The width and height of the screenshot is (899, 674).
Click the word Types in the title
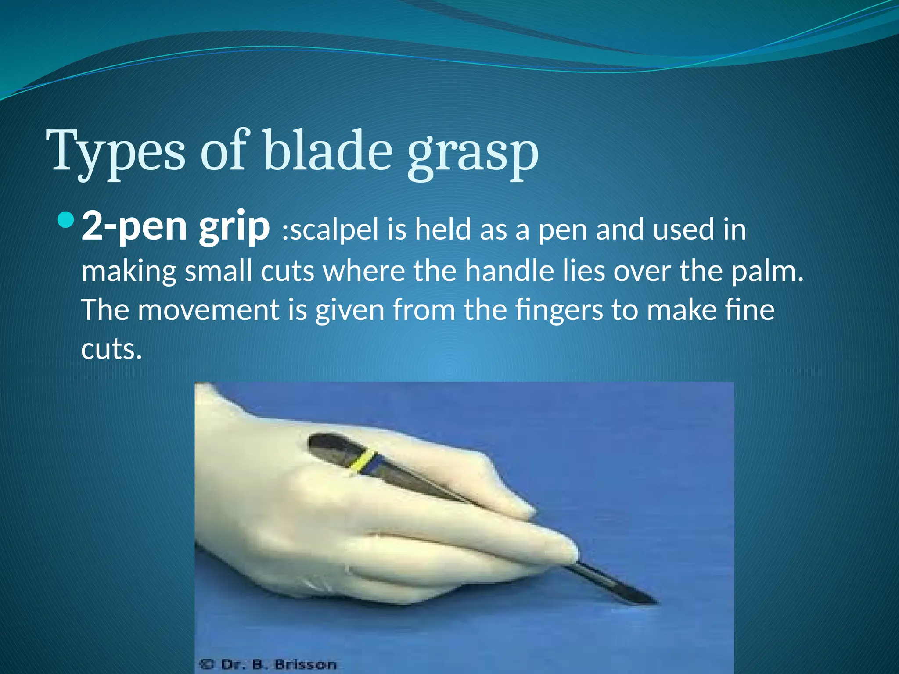118,151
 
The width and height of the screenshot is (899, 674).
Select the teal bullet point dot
66,219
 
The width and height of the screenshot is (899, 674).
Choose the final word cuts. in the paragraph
111,349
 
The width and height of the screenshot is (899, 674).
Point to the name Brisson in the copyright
306,665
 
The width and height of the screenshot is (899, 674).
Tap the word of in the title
223,151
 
